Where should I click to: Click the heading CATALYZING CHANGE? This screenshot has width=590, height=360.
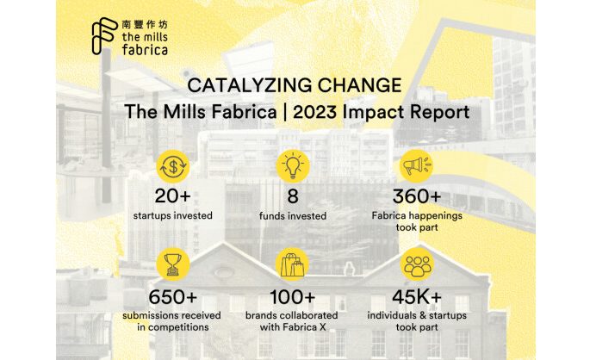pyautogui.click(x=295, y=86)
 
